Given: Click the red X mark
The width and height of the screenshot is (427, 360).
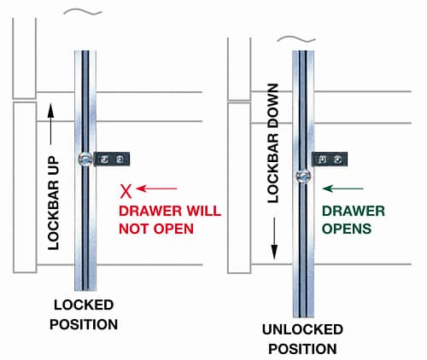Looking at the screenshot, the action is (x=126, y=191).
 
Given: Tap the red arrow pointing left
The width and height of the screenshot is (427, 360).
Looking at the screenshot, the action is (x=156, y=189).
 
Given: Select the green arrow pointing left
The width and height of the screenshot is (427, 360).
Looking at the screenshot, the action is (x=342, y=189).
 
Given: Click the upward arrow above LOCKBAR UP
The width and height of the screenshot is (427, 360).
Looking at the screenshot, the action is (x=50, y=124).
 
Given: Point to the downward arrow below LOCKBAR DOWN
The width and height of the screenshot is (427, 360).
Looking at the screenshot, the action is (x=274, y=238).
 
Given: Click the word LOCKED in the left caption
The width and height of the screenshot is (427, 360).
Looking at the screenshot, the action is (x=84, y=305).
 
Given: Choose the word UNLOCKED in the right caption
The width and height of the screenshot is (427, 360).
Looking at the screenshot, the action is (x=302, y=329).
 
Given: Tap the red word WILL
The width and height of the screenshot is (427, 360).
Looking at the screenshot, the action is (x=203, y=211).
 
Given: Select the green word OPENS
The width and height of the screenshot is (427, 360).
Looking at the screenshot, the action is (x=347, y=229).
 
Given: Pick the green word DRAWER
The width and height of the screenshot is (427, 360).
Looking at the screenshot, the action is (x=354, y=211).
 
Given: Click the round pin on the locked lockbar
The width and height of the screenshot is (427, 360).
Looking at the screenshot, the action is (x=85, y=159).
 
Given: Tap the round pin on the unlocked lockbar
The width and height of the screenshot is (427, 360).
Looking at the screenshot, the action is (x=303, y=177).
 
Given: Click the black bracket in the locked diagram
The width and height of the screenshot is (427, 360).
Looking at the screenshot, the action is (x=112, y=159).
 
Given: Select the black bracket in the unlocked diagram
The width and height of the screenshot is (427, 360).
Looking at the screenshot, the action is (x=330, y=159).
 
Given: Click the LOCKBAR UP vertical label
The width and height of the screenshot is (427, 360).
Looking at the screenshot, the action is (x=54, y=203).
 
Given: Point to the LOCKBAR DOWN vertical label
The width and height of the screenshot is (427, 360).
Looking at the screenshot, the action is (x=272, y=143).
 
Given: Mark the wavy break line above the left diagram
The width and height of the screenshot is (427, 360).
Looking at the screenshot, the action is (x=83, y=12).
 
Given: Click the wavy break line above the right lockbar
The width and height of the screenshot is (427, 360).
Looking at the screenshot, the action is (x=296, y=39).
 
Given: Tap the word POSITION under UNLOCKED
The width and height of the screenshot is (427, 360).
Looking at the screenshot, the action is (x=302, y=349).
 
